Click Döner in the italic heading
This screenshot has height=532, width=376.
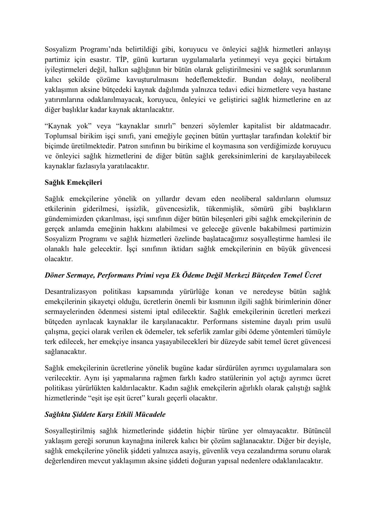click(55, 275)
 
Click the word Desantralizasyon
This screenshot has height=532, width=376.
click(71, 291)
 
